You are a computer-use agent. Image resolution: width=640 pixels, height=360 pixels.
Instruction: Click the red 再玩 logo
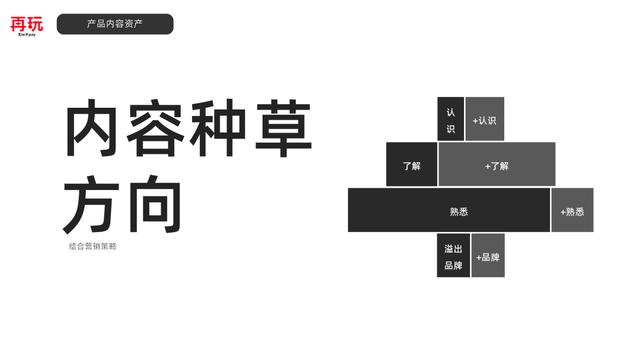[x=28, y=24]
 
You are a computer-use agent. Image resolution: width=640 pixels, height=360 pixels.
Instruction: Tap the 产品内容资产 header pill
[x=115, y=24]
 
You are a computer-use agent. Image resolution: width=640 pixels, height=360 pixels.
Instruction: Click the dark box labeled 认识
[x=450, y=119]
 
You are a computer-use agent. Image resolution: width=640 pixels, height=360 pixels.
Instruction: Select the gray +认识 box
[x=485, y=119]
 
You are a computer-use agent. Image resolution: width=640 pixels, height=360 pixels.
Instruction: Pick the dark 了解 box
[x=412, y=164]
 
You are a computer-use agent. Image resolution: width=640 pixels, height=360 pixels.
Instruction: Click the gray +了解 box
[x=496, y=164]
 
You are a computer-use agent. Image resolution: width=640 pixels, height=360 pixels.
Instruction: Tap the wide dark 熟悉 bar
[x=448, y=210]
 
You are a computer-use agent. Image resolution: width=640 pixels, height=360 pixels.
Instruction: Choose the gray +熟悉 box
[x=573, y=210]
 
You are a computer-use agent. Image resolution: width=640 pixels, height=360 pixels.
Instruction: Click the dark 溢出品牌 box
[x=452, y=255]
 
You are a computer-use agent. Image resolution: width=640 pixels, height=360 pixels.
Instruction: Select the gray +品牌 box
[x=488, y=256]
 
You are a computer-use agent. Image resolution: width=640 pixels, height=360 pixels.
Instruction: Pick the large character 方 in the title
[x=96, y=206]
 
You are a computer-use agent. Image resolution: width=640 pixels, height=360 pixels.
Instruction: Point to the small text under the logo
[x=28, y=34]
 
